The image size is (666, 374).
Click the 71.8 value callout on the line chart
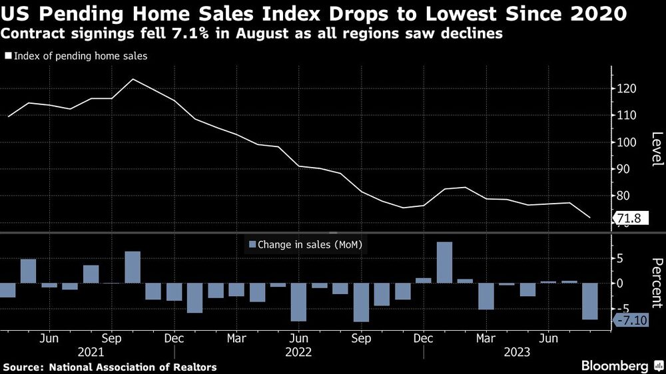tap(629, 218)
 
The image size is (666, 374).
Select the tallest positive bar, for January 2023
tap(444, 262)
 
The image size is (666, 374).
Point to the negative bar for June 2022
tap(298, 302)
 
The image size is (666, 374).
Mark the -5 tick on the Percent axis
tap(625, 308)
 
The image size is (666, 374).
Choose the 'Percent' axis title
tap(657, 282)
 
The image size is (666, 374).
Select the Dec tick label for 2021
tap(174, 337)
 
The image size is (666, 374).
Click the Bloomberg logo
tap(616, 366)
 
